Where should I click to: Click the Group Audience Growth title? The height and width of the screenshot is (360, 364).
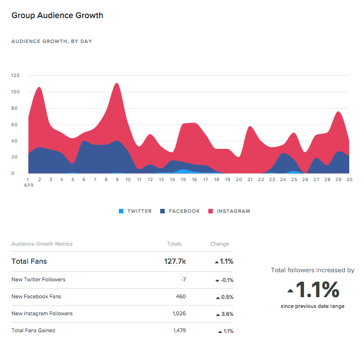(x=57, y=15)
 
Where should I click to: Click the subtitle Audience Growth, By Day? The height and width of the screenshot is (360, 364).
(x=52, y=41)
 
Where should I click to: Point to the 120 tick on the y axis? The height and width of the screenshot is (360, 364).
(x=15, y=75)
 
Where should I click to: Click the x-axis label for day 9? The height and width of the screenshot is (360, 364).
(x=117, y=179)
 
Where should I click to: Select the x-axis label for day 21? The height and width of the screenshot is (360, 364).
(x=250, y=179)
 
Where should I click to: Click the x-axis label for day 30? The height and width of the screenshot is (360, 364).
(x=350, y=179)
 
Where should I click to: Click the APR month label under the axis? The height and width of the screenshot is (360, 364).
(x=28, y=185)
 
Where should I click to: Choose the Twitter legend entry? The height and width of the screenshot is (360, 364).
(x=135, y=211)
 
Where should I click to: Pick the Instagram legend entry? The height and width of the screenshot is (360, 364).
(x=229, y=211)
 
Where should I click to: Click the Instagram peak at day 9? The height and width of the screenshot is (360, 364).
(x=117, y=85)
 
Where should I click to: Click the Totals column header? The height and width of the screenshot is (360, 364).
(x=174, y=244)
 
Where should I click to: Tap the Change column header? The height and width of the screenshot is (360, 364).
(x=219, y=244)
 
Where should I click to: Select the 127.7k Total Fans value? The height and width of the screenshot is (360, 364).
(x=174, y=262)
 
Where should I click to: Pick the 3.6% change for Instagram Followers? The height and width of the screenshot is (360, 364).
(x=225, y=314)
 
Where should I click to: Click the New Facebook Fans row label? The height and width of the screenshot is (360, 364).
(x=36, y=297)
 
